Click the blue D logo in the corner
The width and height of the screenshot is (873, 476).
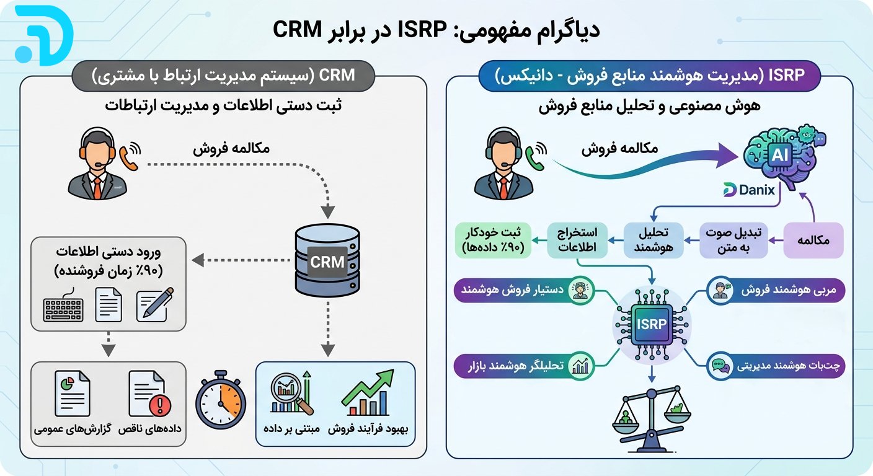click(x=43, y=35)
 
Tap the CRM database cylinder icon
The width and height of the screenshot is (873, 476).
click(x=327, y=260)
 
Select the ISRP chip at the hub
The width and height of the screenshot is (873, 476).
click(x=651, y=324)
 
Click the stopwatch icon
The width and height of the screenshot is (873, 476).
click(x=221, y=399)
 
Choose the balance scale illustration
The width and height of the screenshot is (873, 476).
click(x=651, y=419)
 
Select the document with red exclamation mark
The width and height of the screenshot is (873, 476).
click(x=149, y=394)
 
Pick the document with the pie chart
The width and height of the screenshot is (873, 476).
click(x=73, y=394)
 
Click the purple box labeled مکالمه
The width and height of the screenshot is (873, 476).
click(x=813, y=240)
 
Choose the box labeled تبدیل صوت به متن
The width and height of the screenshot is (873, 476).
click(x=733, y=240)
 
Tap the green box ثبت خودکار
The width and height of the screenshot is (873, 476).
click(x=493, y=240)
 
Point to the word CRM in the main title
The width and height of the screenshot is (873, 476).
click(x=298, y=29)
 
